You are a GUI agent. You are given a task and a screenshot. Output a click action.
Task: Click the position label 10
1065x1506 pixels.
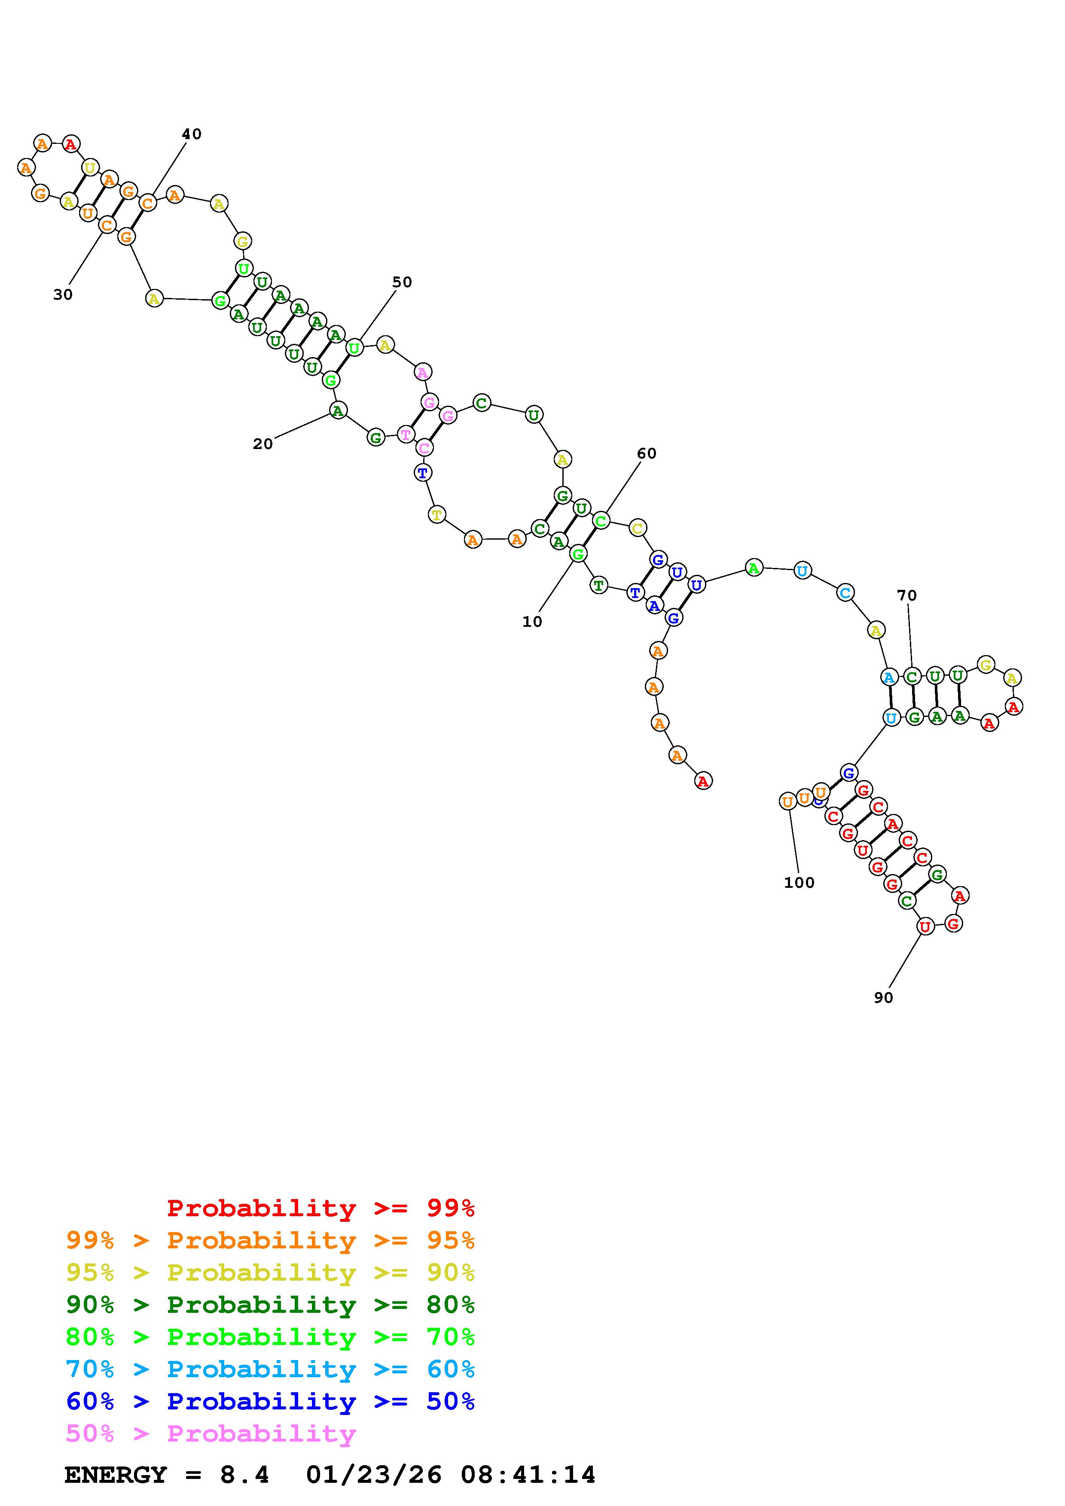tap(532, 622)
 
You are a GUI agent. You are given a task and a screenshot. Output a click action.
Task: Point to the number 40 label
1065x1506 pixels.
tap(192, 134)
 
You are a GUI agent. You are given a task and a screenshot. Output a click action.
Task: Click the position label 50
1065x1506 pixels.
tap(402, 282)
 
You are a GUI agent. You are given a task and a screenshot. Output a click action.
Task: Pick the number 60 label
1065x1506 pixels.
tap(647, 453)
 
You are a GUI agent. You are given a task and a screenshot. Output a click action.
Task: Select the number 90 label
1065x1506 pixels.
tap(883, 998)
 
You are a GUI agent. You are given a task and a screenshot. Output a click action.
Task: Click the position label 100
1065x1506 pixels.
tap(799, 883)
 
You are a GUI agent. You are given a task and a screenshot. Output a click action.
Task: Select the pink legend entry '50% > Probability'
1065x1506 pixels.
tap(210, 1434)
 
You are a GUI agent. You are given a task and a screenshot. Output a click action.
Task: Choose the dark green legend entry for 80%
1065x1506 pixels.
tap(270, 1305)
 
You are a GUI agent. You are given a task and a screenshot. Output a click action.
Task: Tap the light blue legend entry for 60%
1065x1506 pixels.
tap(270, 1369)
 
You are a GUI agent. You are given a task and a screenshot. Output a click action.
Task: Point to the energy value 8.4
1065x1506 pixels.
tap(244, 1475)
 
